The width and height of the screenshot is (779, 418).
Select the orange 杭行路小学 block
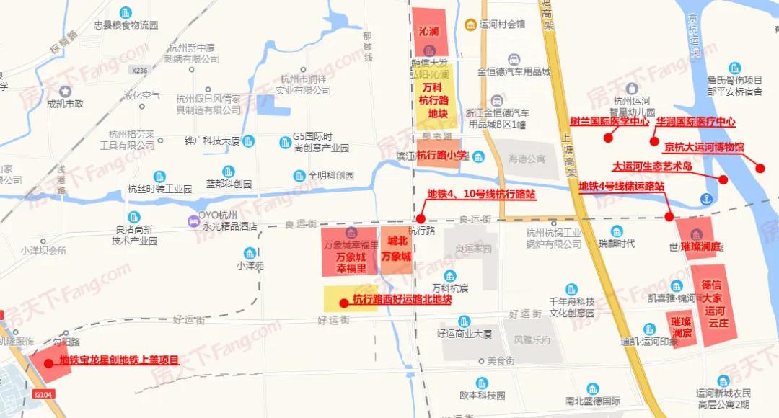point(438,154)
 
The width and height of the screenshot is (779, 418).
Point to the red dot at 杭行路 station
point(420,218)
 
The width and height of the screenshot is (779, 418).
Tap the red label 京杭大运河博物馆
point(703,148)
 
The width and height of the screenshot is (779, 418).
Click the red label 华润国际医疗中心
point(695,122)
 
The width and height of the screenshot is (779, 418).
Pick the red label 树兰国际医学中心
point(609,122)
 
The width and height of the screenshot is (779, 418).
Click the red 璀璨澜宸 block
point(681,326)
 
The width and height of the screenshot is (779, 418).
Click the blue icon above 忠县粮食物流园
point(126,12)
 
